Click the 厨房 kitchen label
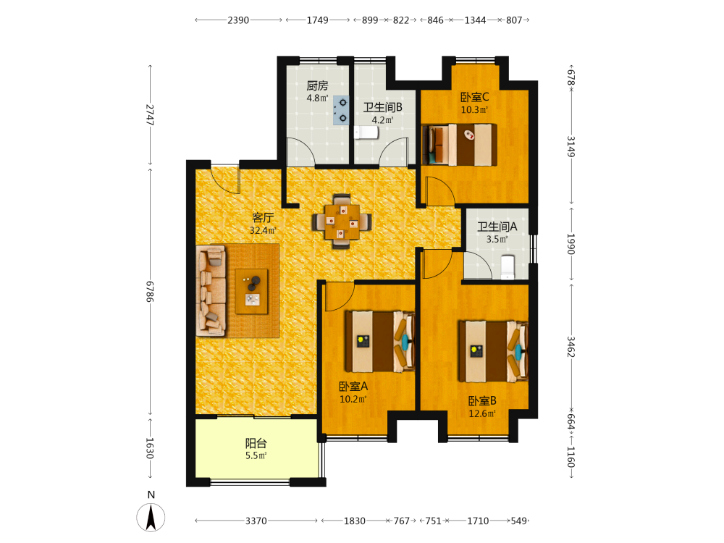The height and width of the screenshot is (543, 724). (x=317, y=85)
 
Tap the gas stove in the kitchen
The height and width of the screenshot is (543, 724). (x=341, y=111)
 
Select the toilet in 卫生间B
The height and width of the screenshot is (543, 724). (x=366, y=132)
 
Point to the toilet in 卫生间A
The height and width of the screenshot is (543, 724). (x=508, y=267)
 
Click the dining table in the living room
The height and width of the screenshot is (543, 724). (x=342, y=222)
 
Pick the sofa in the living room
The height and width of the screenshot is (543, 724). (x=211, y=290)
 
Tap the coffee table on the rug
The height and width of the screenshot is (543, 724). (x=252, y=291)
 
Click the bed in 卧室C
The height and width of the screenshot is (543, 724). (x=460, y=145)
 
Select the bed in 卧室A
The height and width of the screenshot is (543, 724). (x=380, y=341)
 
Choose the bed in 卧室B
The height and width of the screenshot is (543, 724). (x=493, y=351)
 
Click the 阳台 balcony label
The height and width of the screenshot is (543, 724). (x=256, y=444)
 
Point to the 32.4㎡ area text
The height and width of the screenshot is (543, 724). (x=263, y=230)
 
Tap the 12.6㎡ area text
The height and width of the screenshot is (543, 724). (x=482, y=413)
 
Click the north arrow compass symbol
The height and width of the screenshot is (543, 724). (x=151, y=517)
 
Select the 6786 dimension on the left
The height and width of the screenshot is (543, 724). (x=150, y=291)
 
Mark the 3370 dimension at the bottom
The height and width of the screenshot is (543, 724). (x=256, y=521)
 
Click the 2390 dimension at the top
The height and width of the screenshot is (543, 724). (x=238, y=20)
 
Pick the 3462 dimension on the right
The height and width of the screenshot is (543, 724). (x=571, y=347)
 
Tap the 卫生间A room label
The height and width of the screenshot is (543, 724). (x=497, y=226)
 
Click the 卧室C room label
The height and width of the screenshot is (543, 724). (x=475, y=97)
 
